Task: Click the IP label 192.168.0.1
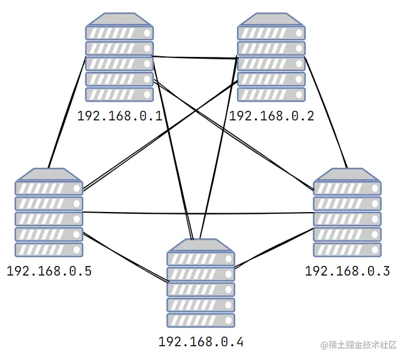120,116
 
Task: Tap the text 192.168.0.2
272,116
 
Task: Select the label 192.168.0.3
347,271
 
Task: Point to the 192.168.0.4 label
201,342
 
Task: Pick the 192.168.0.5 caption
49,271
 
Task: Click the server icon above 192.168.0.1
119,57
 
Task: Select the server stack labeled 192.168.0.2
271,57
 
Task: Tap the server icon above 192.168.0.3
347,212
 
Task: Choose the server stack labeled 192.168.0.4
201,283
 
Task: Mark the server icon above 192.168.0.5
49,212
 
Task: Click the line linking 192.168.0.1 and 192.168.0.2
195,58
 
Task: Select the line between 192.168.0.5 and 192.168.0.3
198,213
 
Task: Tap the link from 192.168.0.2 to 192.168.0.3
326,113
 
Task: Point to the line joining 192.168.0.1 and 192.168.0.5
67,112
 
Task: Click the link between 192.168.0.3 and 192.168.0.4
274,248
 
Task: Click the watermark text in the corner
359,345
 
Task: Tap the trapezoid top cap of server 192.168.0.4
201,245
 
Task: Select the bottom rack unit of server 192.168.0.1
119,95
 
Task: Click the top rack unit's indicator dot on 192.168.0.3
375,188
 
